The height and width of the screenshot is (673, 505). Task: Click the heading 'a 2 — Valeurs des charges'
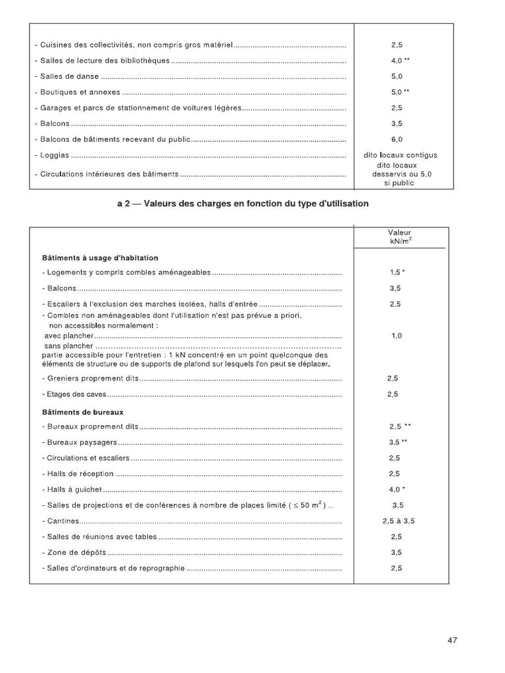coord(243,204)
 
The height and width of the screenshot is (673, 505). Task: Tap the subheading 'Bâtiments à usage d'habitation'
coord(100,258)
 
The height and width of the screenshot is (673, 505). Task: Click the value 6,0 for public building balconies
coord(397,139)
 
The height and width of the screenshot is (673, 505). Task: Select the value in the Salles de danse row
coord(397,76)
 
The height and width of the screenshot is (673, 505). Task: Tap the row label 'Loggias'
coord(55,156)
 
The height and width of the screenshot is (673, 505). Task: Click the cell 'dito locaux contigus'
coord(400,155)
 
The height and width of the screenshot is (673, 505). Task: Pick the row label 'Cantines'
coord(57,521)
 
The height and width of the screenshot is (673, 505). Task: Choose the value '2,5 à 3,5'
coord(398,521)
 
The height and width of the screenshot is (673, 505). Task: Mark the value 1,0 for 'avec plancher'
coord(397,336)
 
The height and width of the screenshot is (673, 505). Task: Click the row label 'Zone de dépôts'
coord(73,553)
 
